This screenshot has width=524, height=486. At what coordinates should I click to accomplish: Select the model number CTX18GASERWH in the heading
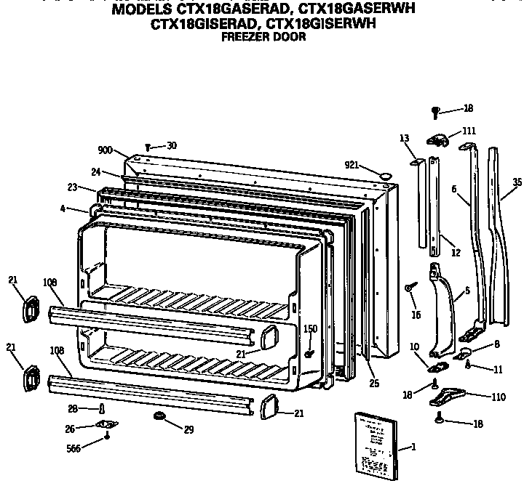click(x=345, y=11)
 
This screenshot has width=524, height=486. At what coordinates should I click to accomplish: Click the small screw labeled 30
click(x=148, y=147)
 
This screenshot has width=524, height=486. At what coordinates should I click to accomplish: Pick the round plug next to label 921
click(x=385, y=174)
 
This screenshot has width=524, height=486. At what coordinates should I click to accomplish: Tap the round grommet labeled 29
click(x=159, y=416)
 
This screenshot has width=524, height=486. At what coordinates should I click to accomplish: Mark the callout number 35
click(x=517, y=183)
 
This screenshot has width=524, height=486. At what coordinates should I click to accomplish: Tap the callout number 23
click(x=72, y=187)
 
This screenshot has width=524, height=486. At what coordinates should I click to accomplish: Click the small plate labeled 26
click(x=107, y=425)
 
